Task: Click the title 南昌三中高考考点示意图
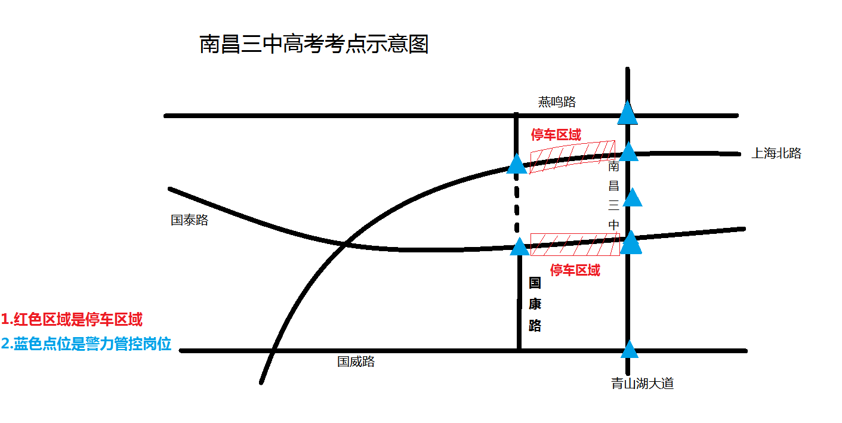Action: (314, 45)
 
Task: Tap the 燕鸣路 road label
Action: (557, 102)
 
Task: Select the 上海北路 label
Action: (776, 153)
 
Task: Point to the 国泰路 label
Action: (189, 220)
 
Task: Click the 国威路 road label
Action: (356, 362)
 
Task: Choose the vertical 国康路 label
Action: (535, 304)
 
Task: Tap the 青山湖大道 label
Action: (642, 384)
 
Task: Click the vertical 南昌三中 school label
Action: (613, 196)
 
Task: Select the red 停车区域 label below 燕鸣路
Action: (556, 135)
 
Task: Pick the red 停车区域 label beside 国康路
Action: (575, 270)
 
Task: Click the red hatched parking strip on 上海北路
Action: (572, 157)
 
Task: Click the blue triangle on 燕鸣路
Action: (627, 113)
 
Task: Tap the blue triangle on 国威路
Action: (629, 350)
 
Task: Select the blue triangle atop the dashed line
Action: (517, 163)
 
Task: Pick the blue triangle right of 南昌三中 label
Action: (632, 197)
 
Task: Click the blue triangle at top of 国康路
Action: (520, 246)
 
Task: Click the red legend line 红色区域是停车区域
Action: (72, 320)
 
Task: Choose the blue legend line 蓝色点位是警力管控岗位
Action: (86, 344)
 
